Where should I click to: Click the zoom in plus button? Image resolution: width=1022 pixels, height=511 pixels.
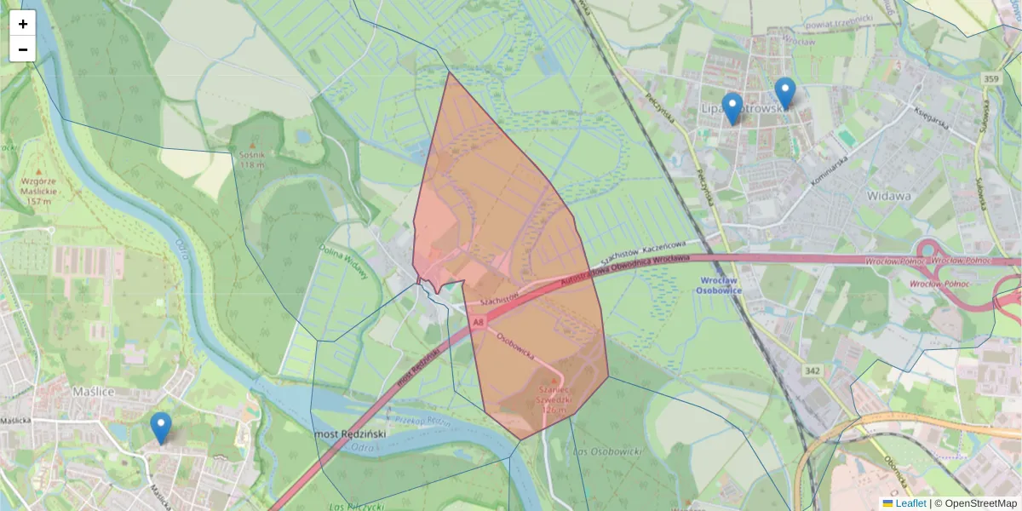pyautogui.click(x=23, y=24)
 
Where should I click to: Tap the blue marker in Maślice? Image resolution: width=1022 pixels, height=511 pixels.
pyautogui.click(x=160, y=427)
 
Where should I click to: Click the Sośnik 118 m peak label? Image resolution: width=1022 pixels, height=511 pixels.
pyautogui.click(x=252, y=159)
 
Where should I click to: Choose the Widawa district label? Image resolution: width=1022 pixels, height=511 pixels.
pyautogui.click(x=889, y=195)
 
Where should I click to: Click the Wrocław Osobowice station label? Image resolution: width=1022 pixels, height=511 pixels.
pyautogui.click(x=721, y=284)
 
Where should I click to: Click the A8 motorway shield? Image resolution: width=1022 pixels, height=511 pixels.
pyautogui.click(x=479, y=323)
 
